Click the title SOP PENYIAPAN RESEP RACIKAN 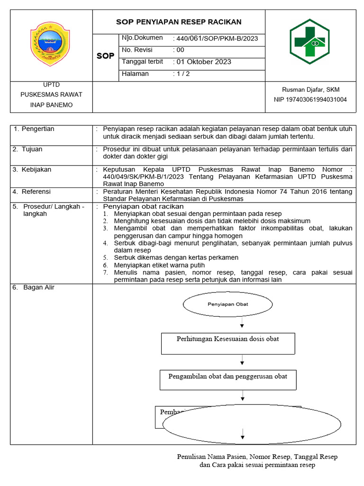[179, 22]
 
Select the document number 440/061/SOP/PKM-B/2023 [216, 38]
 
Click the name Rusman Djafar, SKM [310, 89]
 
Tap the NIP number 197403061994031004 [310, 100]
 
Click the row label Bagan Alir [38, 288]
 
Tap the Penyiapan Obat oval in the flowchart [228, 304]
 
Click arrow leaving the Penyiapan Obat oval [242, 323]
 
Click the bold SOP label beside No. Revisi [105, 56]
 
